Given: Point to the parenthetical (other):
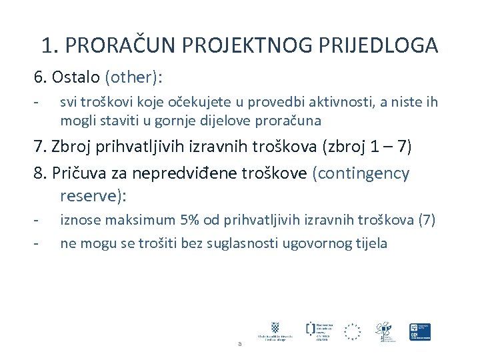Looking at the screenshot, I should click(133, 77).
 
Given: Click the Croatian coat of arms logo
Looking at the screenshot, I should click(275, 327).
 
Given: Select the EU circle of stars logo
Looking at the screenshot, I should click(352, 331).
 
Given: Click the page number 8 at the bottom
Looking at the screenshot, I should click(239, 344).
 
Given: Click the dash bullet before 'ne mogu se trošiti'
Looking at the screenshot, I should click(37, 243).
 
